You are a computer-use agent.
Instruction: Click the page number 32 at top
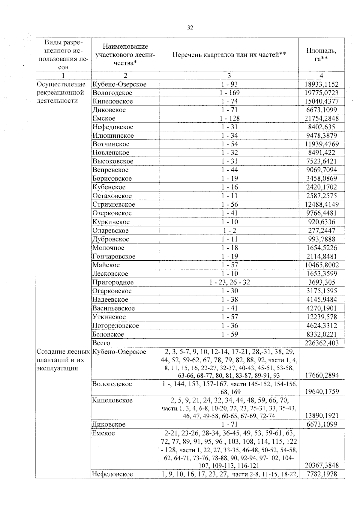coord(190,28)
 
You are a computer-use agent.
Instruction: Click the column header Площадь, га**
coord(321,54)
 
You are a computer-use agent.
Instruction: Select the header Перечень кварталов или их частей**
coord(229,55)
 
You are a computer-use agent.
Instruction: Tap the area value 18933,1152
coord(321,84)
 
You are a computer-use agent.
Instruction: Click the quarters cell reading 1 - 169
coord(229,93)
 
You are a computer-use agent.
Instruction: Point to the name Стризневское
coord(114,205)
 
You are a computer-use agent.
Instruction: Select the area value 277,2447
coord(322,231)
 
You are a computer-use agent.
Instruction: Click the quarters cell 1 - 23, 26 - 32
coord(229,282)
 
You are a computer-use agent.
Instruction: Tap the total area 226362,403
coord(321,343)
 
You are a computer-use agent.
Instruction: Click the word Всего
coord(101,343)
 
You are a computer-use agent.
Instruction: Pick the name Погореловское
coord(115,326)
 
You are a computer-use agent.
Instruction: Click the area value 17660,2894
coord(322,375)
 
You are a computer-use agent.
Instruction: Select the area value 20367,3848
coord(322,465)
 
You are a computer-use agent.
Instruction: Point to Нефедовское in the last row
coord(112,474)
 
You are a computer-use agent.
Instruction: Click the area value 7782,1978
coord(322,474)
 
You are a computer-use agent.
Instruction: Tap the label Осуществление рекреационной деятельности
coord(61,92)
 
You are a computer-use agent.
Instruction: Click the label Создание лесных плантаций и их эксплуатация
coord(63,360)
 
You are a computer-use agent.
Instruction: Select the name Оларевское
coord(110,231)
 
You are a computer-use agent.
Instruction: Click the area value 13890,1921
coord(322,416)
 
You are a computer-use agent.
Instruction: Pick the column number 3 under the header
coord(229,76)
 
